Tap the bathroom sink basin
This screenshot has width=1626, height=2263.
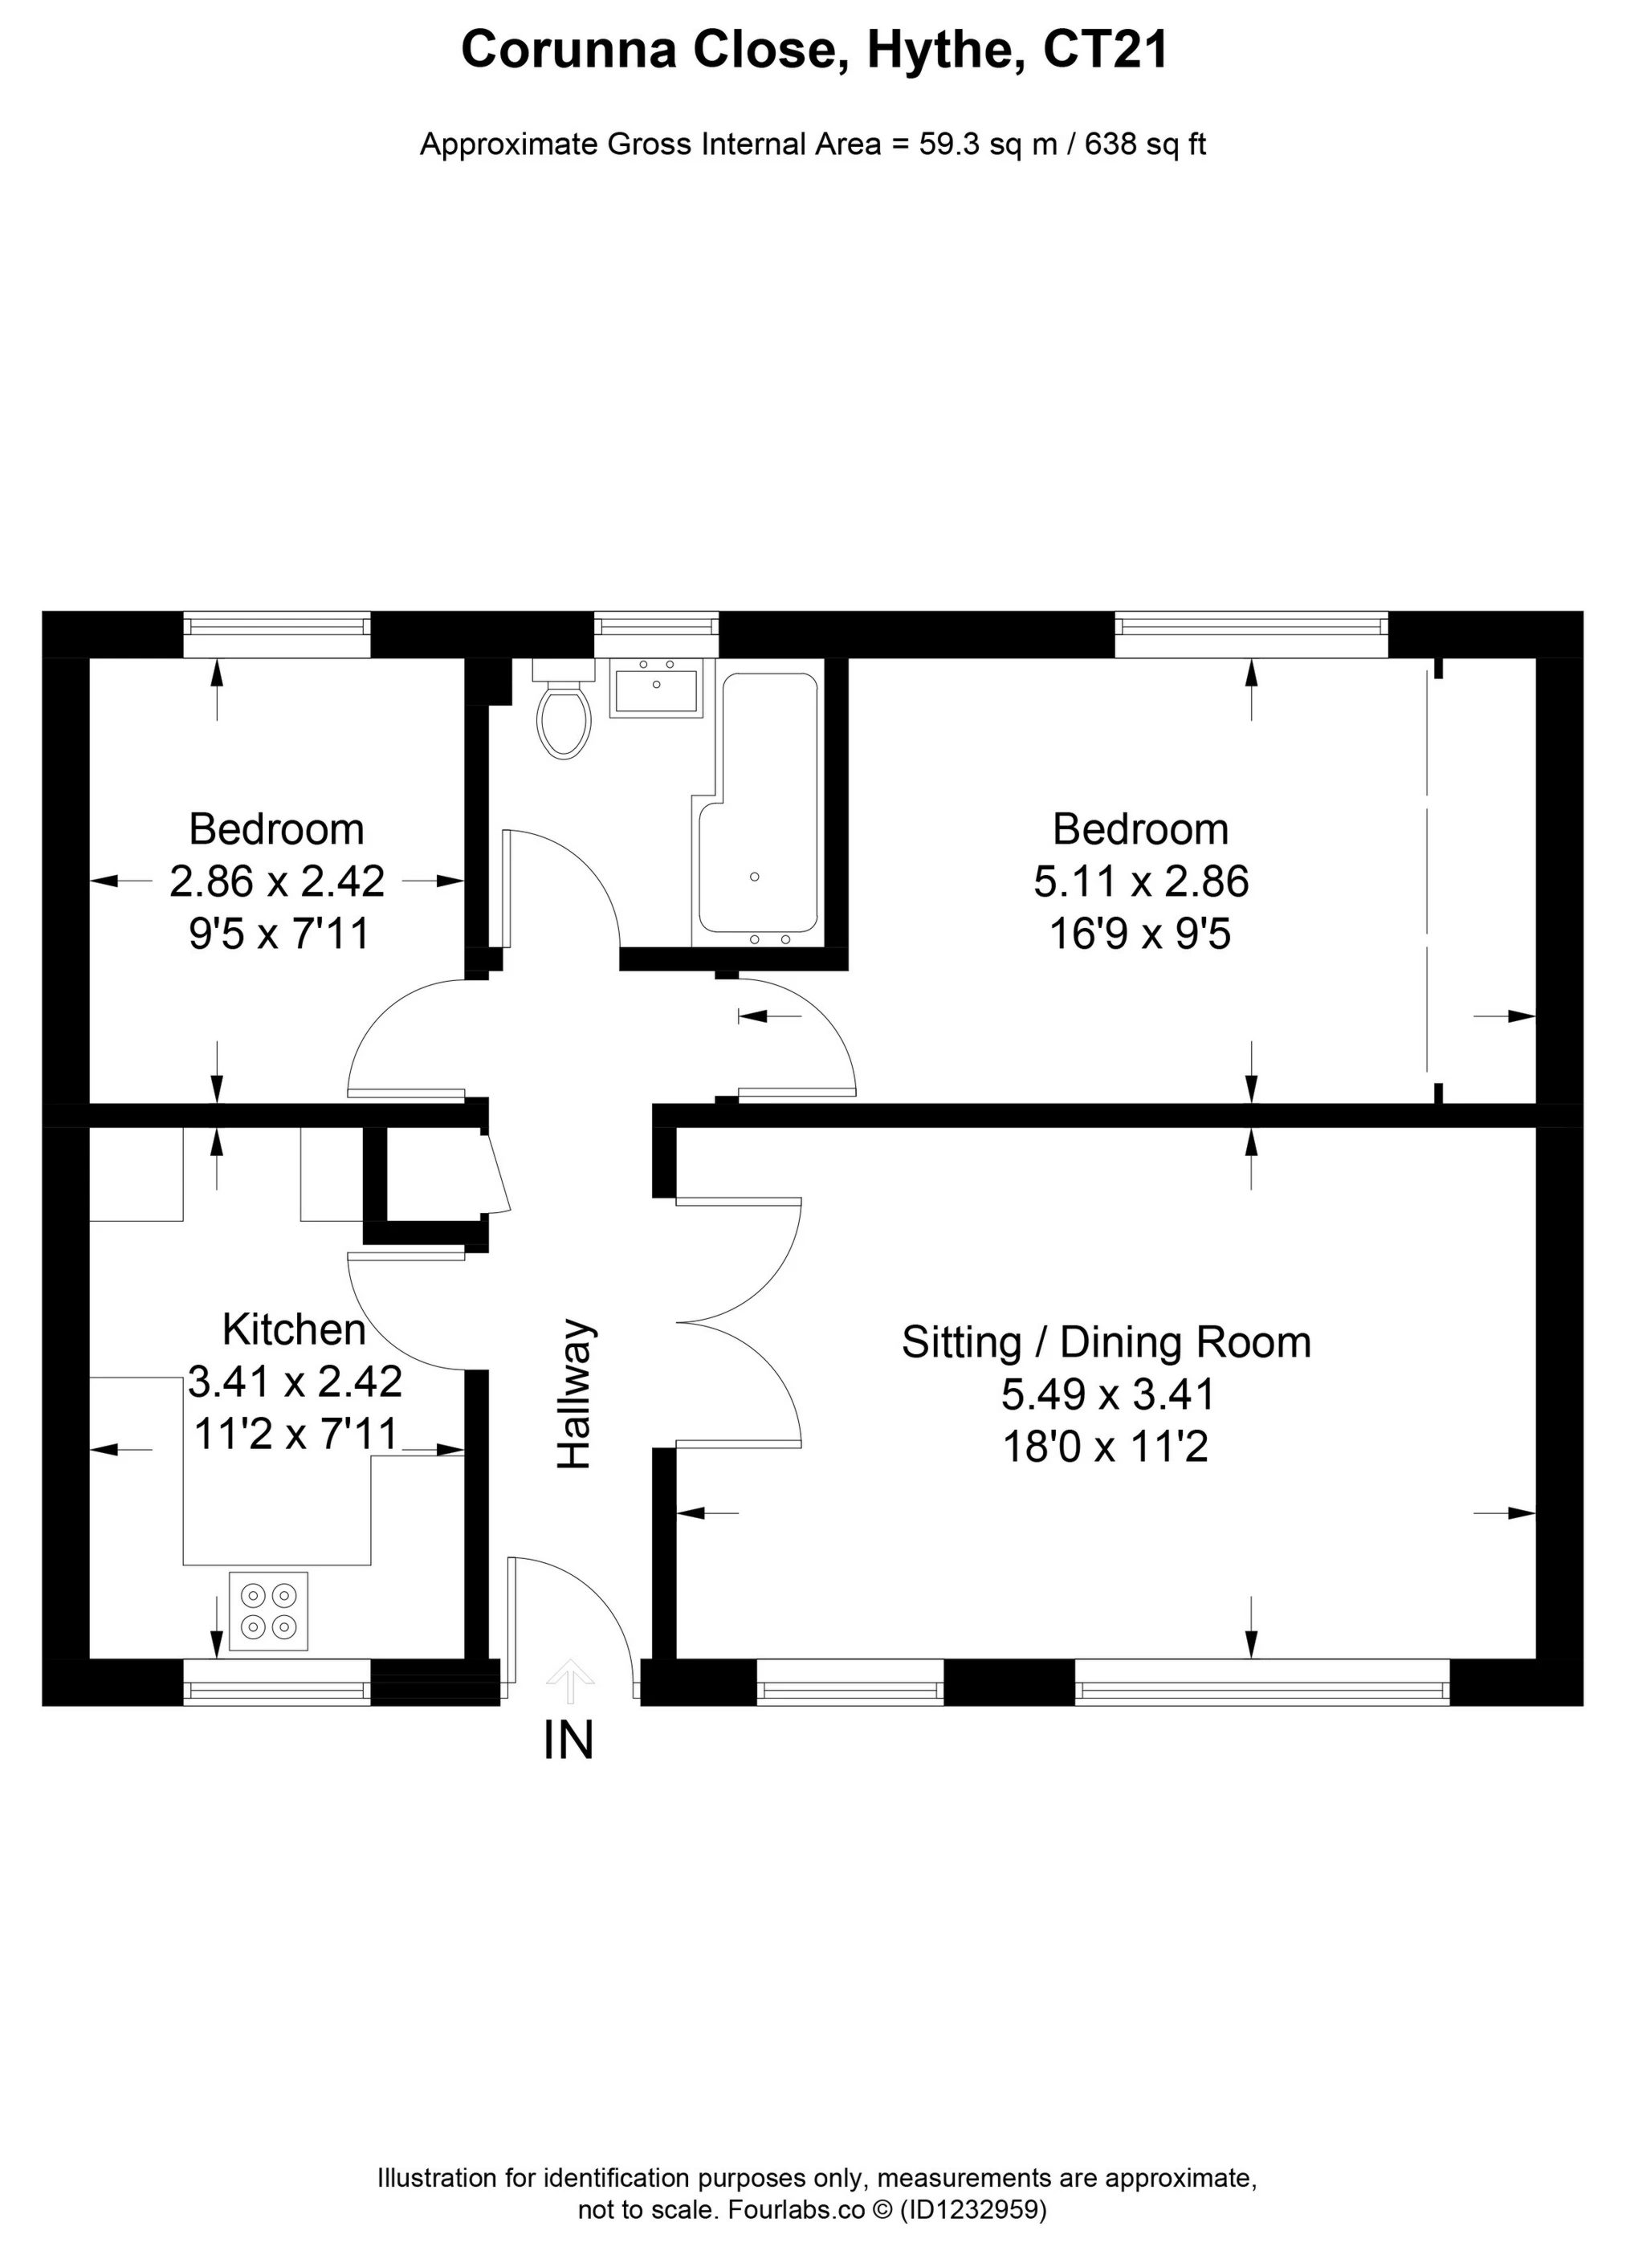pyautogui.click(x=657, y=690)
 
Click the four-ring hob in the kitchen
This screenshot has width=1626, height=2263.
pyautogui.click(x=268, y=1611)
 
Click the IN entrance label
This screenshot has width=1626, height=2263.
pyautogui.click(x=568, y=1740)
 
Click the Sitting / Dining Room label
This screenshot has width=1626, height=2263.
pyautogui.click(x=1105, y=1342)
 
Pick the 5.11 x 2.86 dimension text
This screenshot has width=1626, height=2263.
pyautogui.click(x=1140, y=882)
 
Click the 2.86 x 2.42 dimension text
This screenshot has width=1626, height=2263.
pyautogui.click(x=276, y=882)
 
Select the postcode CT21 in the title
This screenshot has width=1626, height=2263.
pyautogui.click(x=1105, y=50)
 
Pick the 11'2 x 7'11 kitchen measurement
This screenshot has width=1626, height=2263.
pyautogui.click(x=295, y=1434)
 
